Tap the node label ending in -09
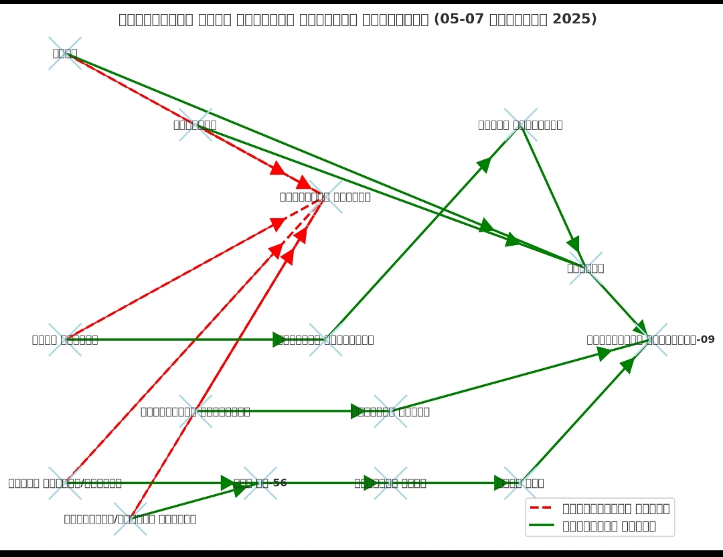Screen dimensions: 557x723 651,340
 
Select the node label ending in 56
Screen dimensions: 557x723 260,483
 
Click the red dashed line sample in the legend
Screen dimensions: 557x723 542,509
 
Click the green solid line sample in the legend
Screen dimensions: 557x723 542,526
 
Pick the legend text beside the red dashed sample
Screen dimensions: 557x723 616,509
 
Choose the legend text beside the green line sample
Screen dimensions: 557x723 609,526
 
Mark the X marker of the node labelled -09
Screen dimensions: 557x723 651,339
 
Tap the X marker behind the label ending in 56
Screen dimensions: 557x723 260,483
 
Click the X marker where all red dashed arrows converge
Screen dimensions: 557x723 325,197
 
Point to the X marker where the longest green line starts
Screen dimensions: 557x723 65,54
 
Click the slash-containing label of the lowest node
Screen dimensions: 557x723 130,519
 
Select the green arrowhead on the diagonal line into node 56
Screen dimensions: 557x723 240,489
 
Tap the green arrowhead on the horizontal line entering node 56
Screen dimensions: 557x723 228,483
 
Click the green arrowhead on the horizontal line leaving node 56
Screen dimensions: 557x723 371,483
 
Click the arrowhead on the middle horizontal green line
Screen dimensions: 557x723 358,411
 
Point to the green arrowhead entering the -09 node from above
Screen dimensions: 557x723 641,328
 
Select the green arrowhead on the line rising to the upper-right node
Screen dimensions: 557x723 484,164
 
